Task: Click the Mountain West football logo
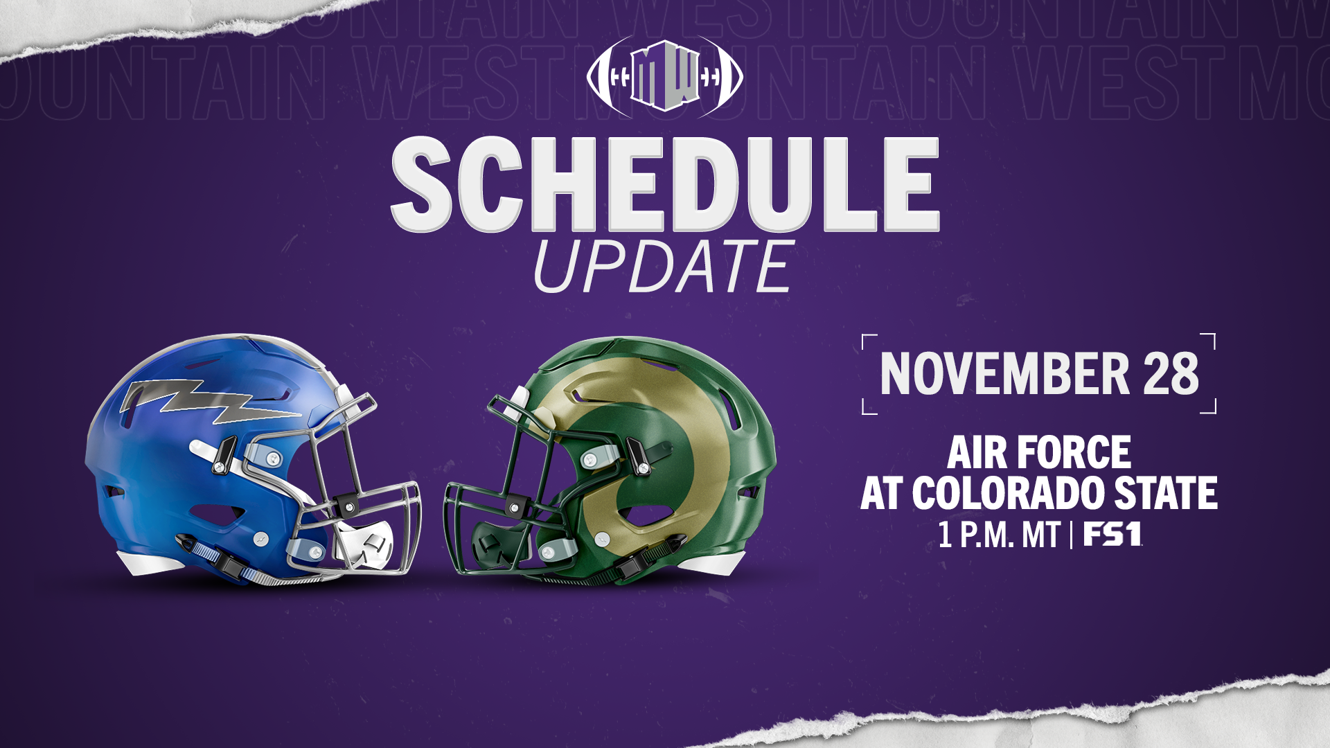[x=665, y=76]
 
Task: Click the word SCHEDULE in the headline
[x=665, y=184]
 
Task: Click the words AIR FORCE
[x=1039, y=453]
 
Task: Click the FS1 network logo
[x=1112, y=535]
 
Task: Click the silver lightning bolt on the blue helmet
[x=208, y=402]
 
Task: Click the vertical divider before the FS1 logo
[x=1072, y=535]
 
